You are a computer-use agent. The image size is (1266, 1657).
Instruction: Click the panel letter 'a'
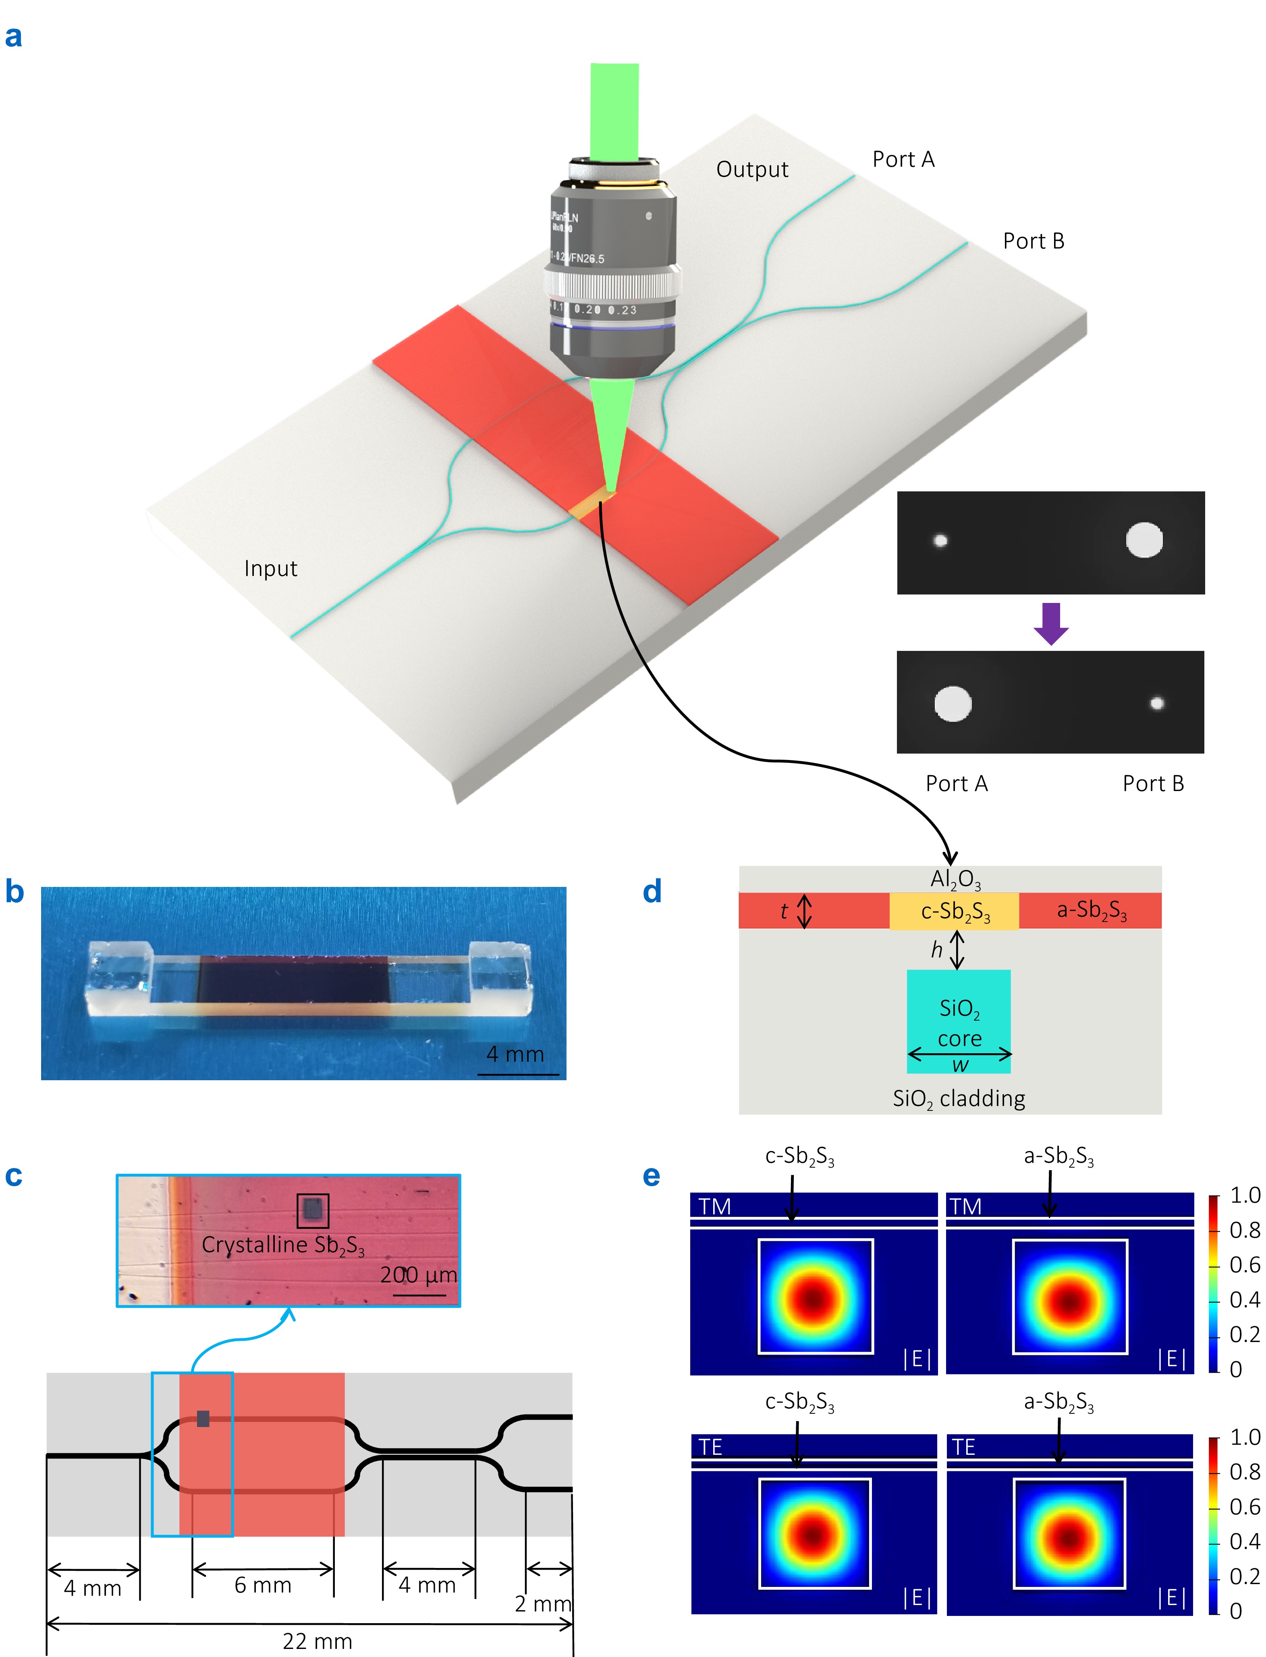coord(14,36)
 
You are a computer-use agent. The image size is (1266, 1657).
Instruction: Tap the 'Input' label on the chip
coord(270,568)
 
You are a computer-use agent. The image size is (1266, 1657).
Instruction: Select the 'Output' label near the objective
coord(752,170)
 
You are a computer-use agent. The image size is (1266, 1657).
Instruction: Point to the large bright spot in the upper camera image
coord(1144,540)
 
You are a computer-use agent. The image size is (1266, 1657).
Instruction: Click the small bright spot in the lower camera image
coord(1157,704)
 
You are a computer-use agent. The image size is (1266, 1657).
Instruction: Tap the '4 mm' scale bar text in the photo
coord(515,1054)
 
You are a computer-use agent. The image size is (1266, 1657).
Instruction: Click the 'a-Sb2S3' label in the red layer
coord(1091,911)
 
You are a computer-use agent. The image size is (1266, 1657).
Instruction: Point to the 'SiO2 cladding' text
coord(959,1099)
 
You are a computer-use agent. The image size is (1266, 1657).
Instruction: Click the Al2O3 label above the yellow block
coord(955,879)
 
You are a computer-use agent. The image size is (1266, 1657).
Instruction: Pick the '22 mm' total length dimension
coord(317,1641)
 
